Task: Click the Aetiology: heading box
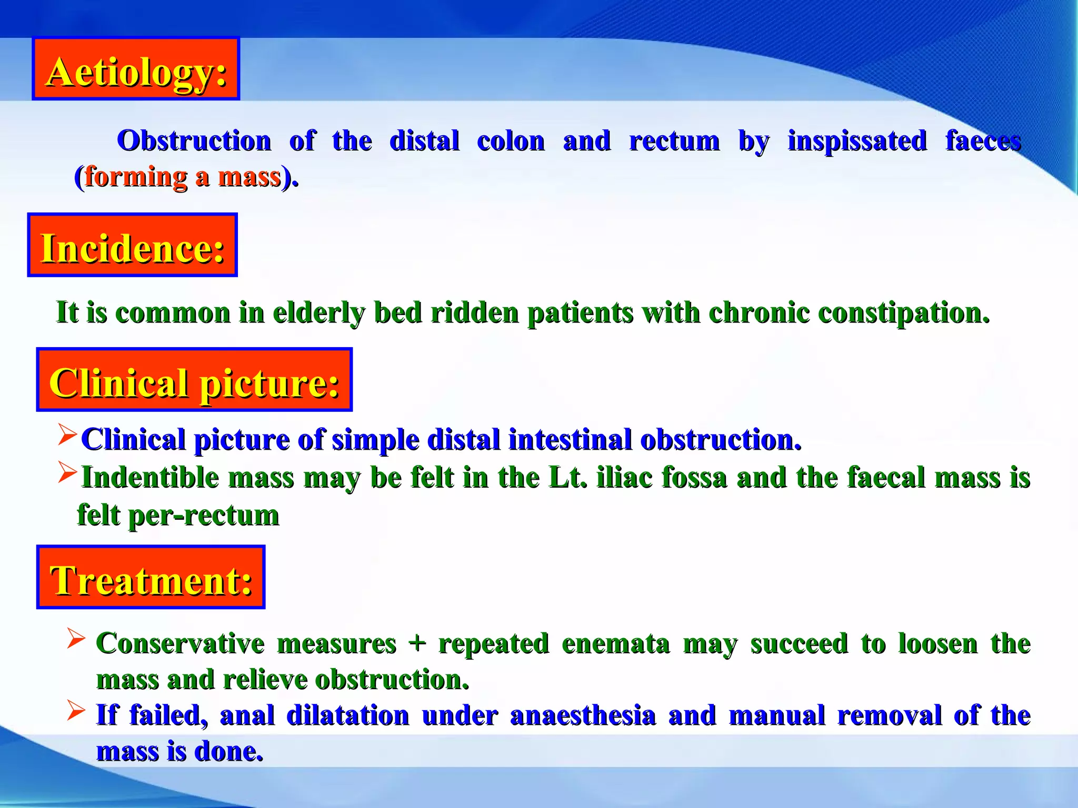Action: [136, 69]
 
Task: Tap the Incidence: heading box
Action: [132, 245]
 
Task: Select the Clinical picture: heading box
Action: [194, 380]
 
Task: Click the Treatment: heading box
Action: [151, 578]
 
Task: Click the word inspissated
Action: [857, 141]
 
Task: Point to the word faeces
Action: [983, 141]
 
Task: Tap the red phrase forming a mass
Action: [183, 176]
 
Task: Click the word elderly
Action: [318, 313]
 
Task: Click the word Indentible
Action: [150, 478]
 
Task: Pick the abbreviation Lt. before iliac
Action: [567, 478]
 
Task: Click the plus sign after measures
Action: [417, 643]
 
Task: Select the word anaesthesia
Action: [583, 715]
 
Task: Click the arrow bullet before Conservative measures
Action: [76, 639]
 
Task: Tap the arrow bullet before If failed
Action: [76, 711]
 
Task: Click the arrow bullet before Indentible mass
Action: [67, 472]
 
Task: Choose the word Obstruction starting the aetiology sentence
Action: [194, 141]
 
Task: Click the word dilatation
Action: [347, 715]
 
